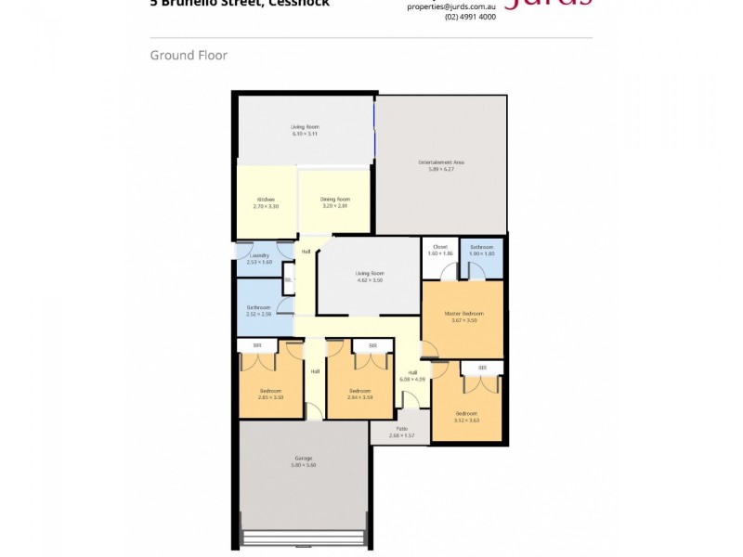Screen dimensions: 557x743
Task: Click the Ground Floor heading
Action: tap(189, 56)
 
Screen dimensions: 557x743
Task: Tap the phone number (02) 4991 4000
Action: tap(470, 17)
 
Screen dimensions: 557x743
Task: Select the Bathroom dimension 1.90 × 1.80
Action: tap(481, 253)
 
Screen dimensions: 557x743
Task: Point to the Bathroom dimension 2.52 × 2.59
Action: tap(258, 314)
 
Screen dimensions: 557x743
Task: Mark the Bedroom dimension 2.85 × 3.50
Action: tap(270, 397)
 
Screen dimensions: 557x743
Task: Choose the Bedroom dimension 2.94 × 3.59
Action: tap(359, 397)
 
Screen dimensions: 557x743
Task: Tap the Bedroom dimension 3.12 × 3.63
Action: tap(466, 420)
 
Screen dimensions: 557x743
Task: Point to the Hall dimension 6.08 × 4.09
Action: tap(412, 379)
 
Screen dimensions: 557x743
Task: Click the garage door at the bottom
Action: tap(304, 538)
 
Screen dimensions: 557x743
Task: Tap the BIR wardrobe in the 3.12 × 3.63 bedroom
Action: tap(482, 369)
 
